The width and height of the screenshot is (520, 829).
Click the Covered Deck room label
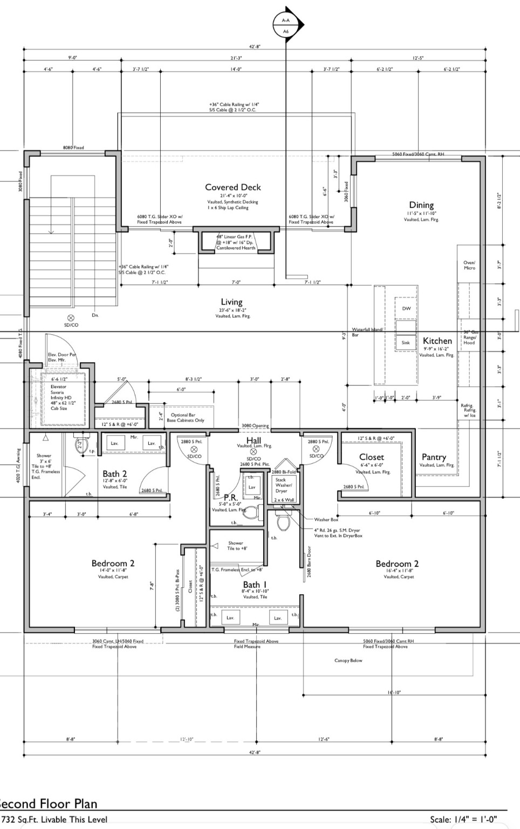click(x=232, y=187)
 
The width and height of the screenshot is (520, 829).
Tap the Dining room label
click(x=421, y=205)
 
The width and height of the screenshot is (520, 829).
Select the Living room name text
click(x=231, y=302)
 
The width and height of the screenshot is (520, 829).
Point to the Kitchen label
click(x=437, y=341)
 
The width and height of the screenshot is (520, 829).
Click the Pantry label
click(x=434, y=457)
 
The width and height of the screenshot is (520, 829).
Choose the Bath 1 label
click(x=255, y=585)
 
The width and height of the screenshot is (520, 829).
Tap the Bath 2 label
click(x=115, y=474)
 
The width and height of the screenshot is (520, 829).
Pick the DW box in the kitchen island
click(x=406, y=309)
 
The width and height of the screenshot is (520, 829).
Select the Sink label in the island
click(x=406, y=343)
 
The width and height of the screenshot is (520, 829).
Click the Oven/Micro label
click(x=469, y=265)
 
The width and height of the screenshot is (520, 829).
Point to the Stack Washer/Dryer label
click(x=282, y=485)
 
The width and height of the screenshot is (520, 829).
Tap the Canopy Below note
click(x=348, y=661)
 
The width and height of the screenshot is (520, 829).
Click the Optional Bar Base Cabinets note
click(x=186, y=418)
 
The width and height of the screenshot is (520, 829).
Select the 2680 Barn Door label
click(x=310, y=562)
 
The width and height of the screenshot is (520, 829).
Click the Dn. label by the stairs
click(x=95, y=315)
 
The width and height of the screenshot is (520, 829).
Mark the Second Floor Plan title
click(x=49, y=804)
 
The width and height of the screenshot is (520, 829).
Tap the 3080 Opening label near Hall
click(x=255, y=426)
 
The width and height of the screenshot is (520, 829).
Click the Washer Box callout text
click(x=326, y=520)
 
